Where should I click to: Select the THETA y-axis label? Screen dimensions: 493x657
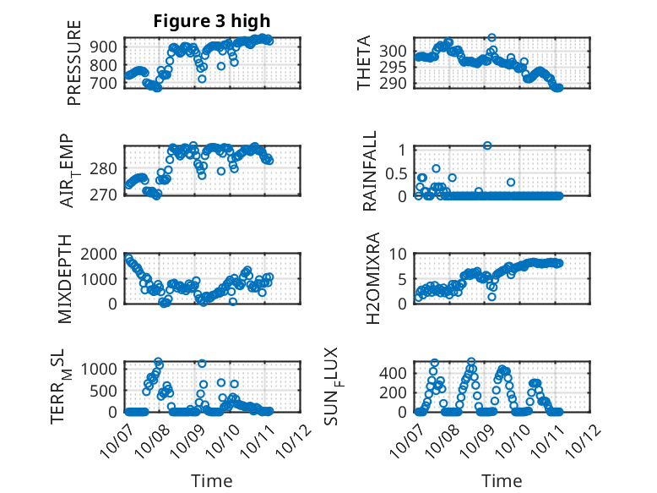[x=364, y=63]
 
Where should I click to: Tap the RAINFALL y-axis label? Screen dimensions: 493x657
[x=369, y=173]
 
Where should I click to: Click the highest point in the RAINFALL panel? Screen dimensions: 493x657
[x=487, y=145]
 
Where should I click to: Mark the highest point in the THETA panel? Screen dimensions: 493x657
[x=491, y=37]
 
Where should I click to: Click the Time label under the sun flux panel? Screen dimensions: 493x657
[x=502, y=481]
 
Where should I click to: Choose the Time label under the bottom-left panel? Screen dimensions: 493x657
[x=211, y=481]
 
